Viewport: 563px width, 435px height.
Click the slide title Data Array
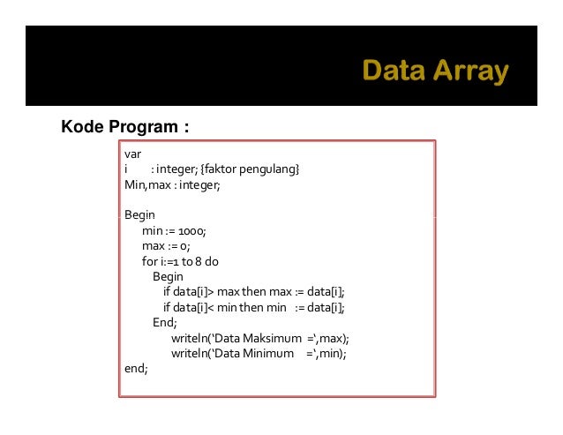coord(435,71)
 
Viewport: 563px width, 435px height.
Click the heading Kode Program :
coord(124,127)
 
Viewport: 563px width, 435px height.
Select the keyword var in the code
coord(132,154)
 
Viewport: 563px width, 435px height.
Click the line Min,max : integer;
coord(172,184)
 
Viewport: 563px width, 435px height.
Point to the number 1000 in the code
coord(191,230)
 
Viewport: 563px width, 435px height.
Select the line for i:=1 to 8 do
coord(180,261)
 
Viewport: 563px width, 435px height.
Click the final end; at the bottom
coord(136,369)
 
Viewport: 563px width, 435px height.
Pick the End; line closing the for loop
coord(165,323)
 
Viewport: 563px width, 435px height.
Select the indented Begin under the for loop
coord(168,276)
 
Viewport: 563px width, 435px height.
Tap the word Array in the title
coord(474,71)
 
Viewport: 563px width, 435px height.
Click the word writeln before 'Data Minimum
coord(192,353)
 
